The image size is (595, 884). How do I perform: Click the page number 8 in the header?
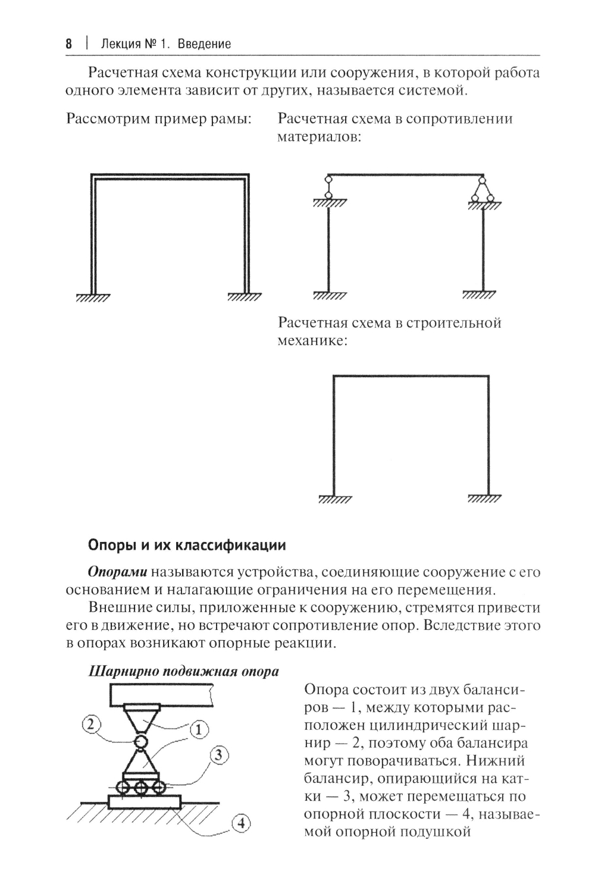[68, 44]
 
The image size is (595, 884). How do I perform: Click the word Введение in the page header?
[207, 44]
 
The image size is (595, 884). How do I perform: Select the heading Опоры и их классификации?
[187, 545]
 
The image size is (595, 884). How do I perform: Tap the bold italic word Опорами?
[117, 572]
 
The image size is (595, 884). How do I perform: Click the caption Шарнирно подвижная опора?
[183, 672]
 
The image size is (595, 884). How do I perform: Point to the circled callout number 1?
[199, 729]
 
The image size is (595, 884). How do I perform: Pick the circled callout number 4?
[241, 824]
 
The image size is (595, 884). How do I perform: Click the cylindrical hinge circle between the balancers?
[141, 741]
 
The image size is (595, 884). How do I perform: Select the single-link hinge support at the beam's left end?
[327, 189]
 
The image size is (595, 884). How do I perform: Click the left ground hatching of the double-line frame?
[93, 297]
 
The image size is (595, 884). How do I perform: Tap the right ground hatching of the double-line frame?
[244, 297]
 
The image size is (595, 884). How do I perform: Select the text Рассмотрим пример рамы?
[159, 118]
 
